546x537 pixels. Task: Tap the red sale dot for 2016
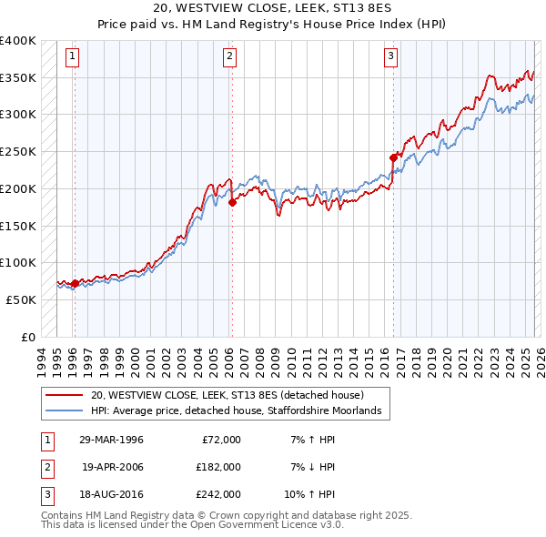pos(394,157)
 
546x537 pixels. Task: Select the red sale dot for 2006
pos(232,202)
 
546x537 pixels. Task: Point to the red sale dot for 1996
pos(74,283)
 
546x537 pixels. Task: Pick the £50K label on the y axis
pos(20,299)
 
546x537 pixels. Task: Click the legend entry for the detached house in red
pos(227,395)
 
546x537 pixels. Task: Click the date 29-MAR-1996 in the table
pos(111,440)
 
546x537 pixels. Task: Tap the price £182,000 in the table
pos(219,467)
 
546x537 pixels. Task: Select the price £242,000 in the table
pos(219,494)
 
